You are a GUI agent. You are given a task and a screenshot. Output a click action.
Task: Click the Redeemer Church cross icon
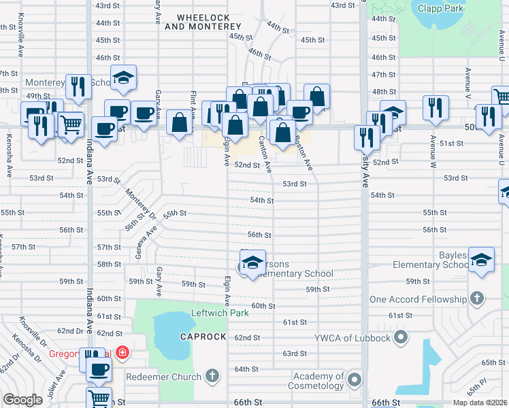[212, 375]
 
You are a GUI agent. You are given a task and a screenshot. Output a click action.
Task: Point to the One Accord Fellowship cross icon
[477, 299]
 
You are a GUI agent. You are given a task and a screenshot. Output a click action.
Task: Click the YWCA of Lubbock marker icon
[401, 337]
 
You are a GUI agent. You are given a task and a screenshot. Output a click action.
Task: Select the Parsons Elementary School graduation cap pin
[252, 262]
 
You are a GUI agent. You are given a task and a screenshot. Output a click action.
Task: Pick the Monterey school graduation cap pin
[123, 79]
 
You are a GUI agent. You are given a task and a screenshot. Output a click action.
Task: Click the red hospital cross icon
[122, 352]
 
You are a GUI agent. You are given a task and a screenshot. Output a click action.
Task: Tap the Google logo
[22, 401]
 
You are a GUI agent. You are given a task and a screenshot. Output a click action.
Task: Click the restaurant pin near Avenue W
[436, 107]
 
